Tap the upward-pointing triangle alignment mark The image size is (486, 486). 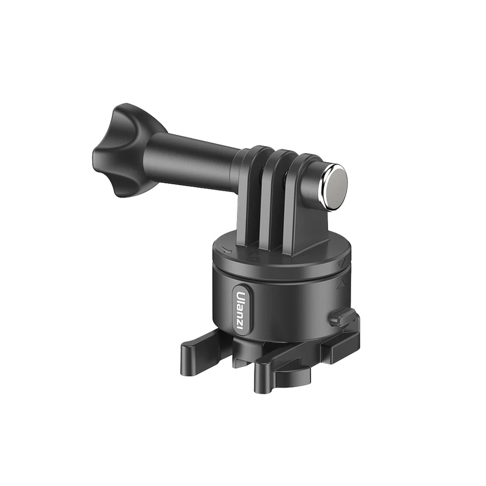click(341, 282)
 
